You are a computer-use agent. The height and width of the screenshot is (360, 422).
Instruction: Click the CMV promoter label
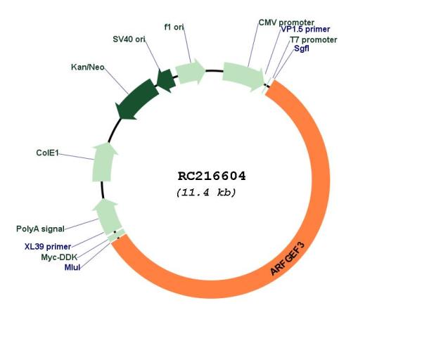coord(286,22)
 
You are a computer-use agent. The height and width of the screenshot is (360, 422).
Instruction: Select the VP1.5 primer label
coord(305,29)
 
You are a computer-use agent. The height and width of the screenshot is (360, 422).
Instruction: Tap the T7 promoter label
coord(313,40)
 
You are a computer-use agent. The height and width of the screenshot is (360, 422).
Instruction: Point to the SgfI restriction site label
coord(302,49)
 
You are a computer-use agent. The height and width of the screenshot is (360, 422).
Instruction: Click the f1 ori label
coord(174,27)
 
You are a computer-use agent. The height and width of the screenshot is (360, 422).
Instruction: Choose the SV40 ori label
coord(129,39)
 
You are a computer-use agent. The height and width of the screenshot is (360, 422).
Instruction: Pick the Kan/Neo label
coord(88,67)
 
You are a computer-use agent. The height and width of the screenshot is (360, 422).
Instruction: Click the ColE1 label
coord(47,153)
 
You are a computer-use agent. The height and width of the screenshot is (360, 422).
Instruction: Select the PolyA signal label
coord(40,229)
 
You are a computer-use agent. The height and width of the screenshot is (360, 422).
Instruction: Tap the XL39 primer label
coord(48,247)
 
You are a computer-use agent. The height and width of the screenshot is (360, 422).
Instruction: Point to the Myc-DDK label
coord(59,257)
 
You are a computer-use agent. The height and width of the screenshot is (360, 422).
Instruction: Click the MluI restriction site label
coord(72,267)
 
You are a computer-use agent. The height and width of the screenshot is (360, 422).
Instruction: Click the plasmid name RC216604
coord(212,176)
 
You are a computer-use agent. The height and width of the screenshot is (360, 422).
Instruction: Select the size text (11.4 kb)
coord(206,193)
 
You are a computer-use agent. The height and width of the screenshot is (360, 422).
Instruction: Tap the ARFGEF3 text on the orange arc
coord(288,258)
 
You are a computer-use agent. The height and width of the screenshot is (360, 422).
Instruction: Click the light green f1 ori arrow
coord(191,72)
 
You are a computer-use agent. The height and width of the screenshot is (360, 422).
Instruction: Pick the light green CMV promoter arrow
coord(243,77)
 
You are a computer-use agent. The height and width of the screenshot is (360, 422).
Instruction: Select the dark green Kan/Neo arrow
coord(136,100)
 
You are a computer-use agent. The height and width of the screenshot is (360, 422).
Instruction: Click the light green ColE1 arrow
coord(103,162)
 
